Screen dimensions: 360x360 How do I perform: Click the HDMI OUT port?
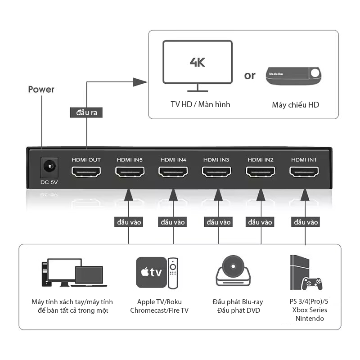pos(86,172)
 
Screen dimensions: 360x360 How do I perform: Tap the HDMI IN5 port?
pos(130,172)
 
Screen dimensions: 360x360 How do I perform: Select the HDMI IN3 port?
pos(216,172)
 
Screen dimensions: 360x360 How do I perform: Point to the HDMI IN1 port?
pos(304,172)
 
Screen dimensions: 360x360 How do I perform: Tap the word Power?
pos(41,90)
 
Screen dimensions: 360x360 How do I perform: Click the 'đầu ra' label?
pos(87,112)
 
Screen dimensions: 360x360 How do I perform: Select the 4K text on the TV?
pos(197,62)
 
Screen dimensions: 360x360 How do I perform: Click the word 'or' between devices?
pos(250,76)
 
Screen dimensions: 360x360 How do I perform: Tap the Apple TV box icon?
pos(151,272)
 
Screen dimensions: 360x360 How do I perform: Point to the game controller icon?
pos(312,283)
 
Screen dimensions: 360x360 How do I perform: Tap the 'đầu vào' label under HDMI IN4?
pos(173,222)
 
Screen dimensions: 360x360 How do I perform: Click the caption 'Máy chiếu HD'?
pos(295,105)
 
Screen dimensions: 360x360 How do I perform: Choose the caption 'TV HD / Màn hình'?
pos(200,104)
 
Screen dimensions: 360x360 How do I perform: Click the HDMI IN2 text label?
pos(261,160)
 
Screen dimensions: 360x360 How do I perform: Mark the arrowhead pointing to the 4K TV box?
pos(141,81)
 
